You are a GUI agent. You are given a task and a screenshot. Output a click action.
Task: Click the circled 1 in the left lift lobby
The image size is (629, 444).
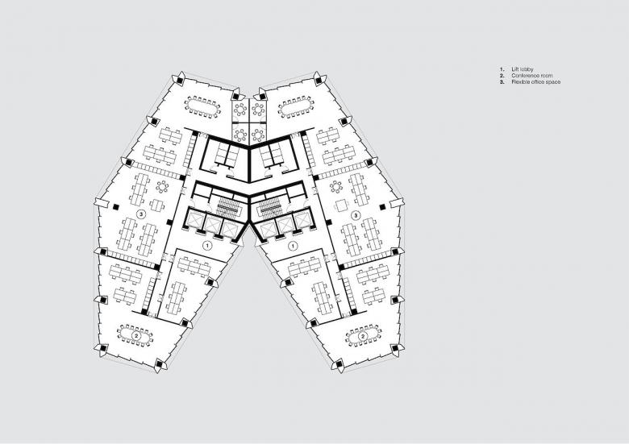206,245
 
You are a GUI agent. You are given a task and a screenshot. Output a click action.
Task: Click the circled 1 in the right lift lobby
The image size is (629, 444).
294,245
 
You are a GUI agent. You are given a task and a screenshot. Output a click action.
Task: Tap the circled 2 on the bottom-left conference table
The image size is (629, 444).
137,335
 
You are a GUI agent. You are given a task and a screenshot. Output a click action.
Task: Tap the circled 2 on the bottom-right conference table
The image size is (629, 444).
364,335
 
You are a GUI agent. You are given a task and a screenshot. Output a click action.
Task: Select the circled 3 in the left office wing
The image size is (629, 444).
141,214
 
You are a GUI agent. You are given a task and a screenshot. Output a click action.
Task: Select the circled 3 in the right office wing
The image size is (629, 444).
356,215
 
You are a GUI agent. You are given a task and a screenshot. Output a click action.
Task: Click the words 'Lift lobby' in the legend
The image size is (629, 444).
523,69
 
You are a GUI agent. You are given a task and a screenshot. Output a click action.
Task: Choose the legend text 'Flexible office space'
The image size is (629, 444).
536,81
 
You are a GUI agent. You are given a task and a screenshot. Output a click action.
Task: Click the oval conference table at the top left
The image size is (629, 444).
202,106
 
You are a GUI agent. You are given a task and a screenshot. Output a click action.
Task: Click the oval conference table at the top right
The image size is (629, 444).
297,108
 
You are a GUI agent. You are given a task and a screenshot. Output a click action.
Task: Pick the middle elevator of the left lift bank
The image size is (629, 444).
212,222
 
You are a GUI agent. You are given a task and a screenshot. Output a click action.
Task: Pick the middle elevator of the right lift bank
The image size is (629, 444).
285,223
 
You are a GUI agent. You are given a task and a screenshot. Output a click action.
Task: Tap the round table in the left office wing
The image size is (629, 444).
162,187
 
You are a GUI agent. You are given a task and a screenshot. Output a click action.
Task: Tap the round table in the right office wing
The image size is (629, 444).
336,187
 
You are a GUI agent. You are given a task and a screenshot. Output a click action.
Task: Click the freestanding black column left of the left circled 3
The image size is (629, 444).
116,207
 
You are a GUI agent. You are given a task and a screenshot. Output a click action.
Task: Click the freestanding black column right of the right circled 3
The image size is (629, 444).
382,207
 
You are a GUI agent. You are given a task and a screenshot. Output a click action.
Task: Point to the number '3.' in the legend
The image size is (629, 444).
502,81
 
